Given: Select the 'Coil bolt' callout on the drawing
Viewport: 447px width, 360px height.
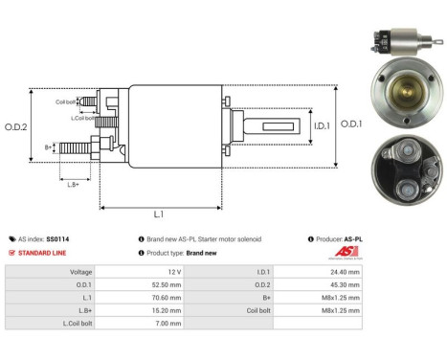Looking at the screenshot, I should pyautogui.click(x=65, y=99).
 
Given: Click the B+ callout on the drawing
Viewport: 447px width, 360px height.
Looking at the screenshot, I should pyautogui.click(x=49, y=147).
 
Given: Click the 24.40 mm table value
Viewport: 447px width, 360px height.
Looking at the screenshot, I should pyautogui.click(x=346, y=272).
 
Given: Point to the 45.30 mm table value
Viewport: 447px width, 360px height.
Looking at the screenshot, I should pyautogui.click(x=346, y=284).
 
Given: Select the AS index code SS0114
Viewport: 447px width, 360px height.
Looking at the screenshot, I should pyautogui.click(x=57, y=238).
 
